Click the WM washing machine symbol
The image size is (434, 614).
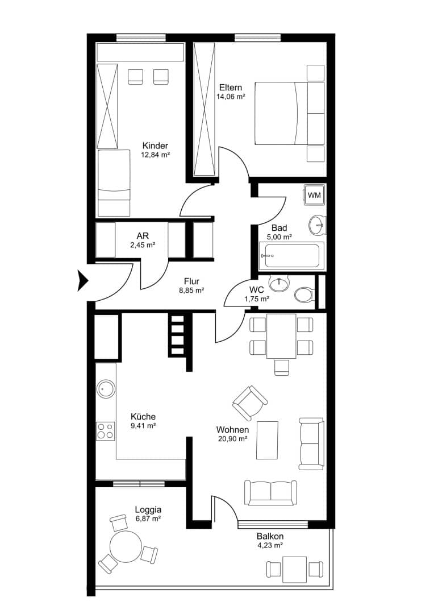[x=314, y=194]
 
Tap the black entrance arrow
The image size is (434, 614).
[x=84, y=281]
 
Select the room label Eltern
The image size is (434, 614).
[x=231, y=88]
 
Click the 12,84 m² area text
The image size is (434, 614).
[x=155, y=155]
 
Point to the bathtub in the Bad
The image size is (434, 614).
[x=291, y=256]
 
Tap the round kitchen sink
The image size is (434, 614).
[x=106, y=389]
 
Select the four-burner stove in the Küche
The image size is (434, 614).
[x=106, y=431]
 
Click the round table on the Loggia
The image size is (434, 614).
[x=126, y=547]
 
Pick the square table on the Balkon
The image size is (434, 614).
[x=295, y=569]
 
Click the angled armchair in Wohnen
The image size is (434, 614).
[x=250, y=403]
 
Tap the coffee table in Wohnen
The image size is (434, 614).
[x=268, y=439]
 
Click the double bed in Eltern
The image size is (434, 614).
[x=290, y=113]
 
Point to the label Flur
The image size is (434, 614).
[x=192, y=281]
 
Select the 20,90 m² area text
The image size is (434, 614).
[x=232, y=439]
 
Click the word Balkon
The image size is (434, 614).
[x=270, y=537]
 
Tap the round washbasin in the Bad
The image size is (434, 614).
[x=317, y=225]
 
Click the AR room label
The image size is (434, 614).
[x=143, y=236]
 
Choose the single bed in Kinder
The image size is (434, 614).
[x=114, y=182]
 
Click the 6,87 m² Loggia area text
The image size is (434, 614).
[x=148, y=518]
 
